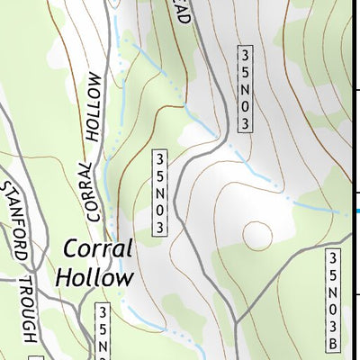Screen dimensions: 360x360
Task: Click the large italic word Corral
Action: coord(98,249)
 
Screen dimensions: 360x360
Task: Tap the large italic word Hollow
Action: coord(94,276)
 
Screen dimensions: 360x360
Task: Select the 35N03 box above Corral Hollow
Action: coord(161,193)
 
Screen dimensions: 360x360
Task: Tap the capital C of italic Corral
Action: coord(72,249)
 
